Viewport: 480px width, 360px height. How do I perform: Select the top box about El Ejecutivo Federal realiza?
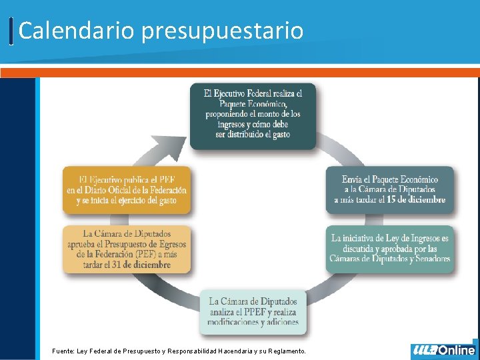(x=253, y=115)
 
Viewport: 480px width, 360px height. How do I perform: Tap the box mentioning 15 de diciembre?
(x=389, y=189)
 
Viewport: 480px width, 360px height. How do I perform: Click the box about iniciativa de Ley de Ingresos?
(x=389, y=248)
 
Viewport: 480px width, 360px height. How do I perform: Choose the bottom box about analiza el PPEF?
(x=253, y=311)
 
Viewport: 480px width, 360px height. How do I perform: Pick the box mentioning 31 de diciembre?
(x=126, y=249)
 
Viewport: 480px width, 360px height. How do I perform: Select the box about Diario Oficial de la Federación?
(x=126, y=189)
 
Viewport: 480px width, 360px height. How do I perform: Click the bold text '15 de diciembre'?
(x=413, y=200)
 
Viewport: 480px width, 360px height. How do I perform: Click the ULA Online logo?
(x=444, y=350)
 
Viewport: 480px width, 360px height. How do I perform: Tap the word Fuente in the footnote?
(x=63, y=351)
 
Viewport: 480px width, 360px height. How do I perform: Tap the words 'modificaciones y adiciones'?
(x=253, y=322)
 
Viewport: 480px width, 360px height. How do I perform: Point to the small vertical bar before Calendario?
(x=12, y=31)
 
